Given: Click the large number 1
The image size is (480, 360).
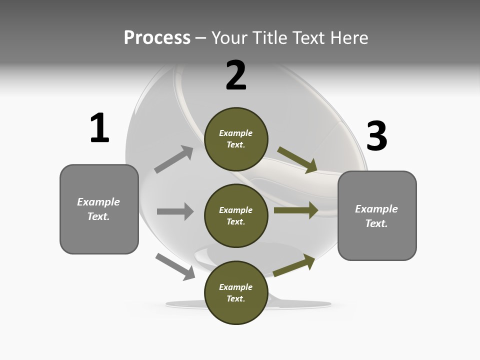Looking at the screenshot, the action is tap(99, 128).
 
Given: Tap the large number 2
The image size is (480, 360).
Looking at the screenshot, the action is tap(236, 75).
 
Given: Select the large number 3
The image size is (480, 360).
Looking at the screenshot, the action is tap(377, 135).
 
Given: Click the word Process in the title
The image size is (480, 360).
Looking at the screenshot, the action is tap(157, 37).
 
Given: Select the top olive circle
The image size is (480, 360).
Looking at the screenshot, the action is tap(236, 139).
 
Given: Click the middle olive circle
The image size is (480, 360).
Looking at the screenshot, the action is tap(236, 216).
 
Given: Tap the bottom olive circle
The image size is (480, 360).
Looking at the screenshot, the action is tap(236, 292).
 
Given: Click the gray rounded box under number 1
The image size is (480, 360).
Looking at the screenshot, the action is tap(99, 209).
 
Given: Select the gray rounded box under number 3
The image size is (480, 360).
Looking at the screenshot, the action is tap(377, 216).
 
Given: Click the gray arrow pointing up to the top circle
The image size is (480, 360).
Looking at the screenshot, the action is tap(174, 159).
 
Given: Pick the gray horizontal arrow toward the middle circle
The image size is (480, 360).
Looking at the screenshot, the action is tap(175, 211).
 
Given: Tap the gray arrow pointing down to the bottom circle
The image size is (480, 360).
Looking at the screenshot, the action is tap(175, 267).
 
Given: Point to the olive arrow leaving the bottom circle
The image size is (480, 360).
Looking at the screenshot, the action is tap(294, 265).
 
